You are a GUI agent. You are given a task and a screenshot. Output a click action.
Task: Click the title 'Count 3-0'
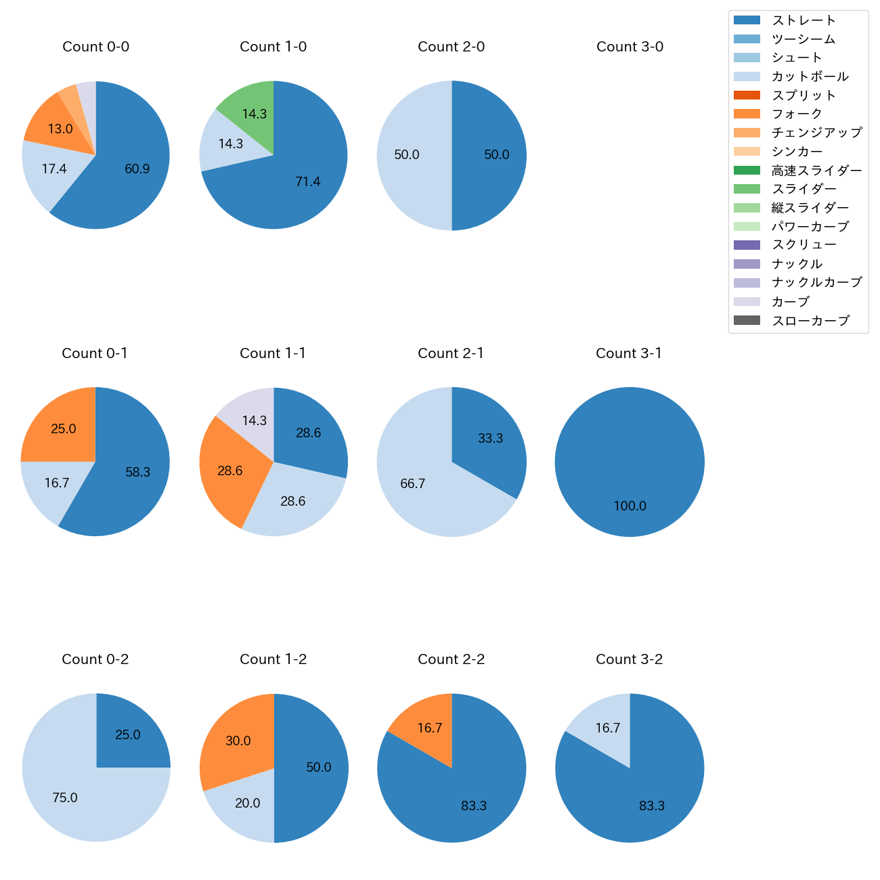[x=630, y=47]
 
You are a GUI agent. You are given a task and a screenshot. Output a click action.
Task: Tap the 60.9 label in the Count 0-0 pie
[x=137, y=169]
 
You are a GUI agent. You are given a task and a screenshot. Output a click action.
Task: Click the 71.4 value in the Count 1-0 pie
[x=308, y=181]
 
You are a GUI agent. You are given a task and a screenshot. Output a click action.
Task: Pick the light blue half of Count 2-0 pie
[x=410, y=155]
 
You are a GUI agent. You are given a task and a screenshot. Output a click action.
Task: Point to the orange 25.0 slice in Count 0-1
[x=61, y=426]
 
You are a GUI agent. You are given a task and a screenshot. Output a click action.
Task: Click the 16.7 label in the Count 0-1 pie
[x=57, y=483]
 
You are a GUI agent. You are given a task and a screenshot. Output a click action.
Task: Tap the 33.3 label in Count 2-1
[x=490, y=439]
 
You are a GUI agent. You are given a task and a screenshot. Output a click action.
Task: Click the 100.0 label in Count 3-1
[x=630, y=506]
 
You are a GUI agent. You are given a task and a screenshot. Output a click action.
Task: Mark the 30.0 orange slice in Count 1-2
[x=237, y=738]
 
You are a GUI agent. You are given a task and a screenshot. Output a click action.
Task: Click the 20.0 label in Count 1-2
[x=248, y=804]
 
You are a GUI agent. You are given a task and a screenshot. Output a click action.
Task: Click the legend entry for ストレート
[x=804, y=20]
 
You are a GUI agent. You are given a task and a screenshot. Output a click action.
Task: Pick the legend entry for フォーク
[x=797, y=114]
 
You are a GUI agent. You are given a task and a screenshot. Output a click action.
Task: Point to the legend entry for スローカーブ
[x=810, y=321]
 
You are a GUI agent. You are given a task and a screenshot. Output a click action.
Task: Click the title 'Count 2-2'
[x=452, y=659]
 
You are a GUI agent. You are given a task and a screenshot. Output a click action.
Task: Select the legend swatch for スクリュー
[x=747, y=245]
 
